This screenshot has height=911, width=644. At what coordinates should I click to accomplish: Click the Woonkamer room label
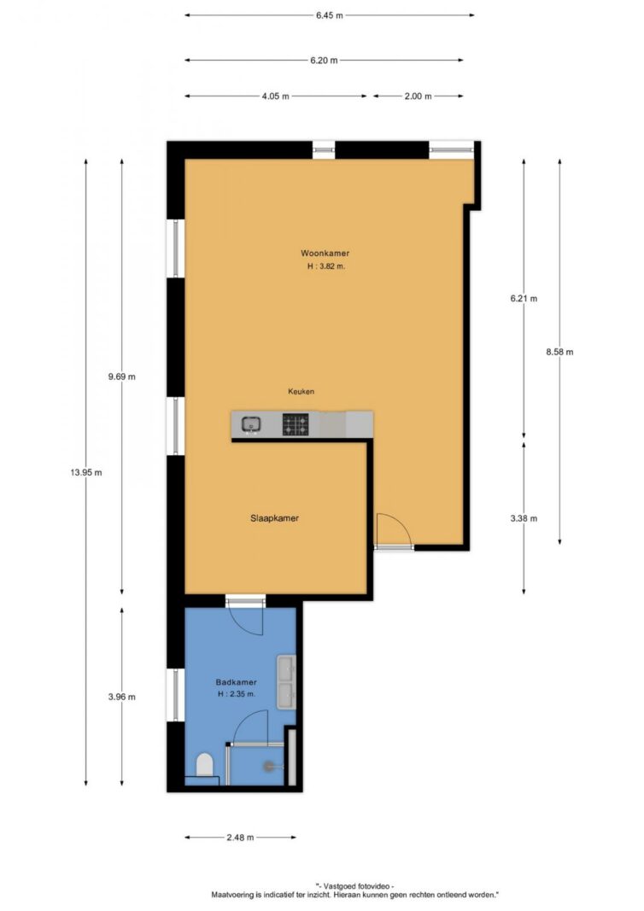(325, 254)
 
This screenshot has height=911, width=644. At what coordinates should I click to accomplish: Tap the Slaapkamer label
(274, 518)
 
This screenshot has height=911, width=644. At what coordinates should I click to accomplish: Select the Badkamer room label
(236, 682)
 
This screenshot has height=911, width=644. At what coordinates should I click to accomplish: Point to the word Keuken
(302, 392)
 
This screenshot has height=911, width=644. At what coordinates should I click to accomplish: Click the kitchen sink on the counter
(251, 424)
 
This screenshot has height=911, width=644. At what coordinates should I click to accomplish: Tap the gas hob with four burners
(296, 424)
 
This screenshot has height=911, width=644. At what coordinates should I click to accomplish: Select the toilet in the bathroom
(205, 764)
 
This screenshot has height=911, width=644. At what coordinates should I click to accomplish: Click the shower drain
(268, 767)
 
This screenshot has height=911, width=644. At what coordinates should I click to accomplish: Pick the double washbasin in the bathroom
(286, 682)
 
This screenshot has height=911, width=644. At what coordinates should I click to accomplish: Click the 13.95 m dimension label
(86, 472)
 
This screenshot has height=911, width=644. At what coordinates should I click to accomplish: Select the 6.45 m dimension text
(330, 15)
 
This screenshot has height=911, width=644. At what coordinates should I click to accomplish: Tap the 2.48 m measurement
(240, 838)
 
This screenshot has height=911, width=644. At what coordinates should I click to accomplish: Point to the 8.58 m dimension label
(559, 352)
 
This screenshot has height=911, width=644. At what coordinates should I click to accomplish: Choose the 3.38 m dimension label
(524, 518)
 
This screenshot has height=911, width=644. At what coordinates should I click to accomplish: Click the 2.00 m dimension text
(418, 96)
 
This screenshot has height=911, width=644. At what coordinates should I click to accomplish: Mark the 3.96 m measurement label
(121, 697)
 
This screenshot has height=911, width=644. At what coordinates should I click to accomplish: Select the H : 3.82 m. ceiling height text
(326, 266)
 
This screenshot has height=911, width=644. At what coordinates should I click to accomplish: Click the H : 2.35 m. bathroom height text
(236, 693)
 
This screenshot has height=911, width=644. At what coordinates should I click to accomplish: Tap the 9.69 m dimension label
(121, 377)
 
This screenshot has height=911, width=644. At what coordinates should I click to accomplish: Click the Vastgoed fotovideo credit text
(354, 886)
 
